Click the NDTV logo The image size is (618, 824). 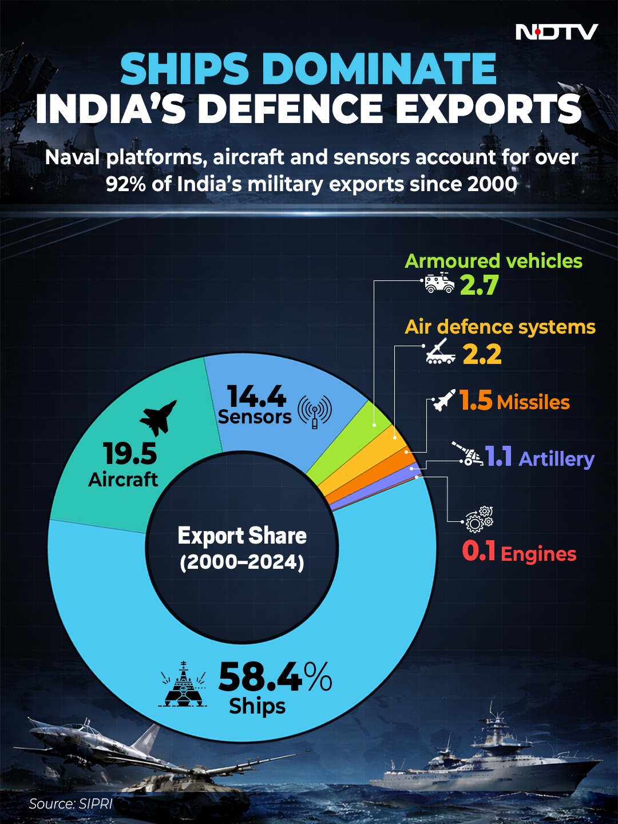(556, 32)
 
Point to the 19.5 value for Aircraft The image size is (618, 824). (130, 454)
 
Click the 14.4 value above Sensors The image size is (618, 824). (256, 395)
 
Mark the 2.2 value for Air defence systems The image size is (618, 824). (482, 354)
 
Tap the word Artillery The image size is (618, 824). (556, 459)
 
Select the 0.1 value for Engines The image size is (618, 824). (478, 551)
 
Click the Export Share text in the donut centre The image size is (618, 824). (242, 536)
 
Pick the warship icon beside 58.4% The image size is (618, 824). (183, 684)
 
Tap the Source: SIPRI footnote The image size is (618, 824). (70, 803)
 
